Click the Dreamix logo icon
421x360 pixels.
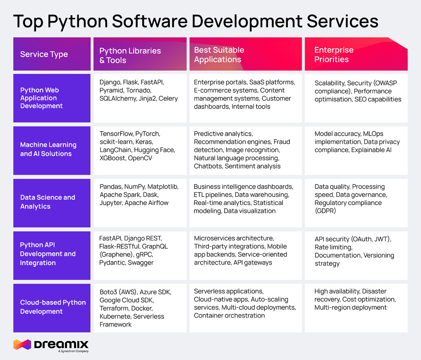(22, 344)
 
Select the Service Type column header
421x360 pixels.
(44, 54)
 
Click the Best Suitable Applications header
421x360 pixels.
(219, 55)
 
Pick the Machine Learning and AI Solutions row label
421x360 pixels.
(48, 149)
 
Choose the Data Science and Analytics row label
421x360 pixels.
(48, 202)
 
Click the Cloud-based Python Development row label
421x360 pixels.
(53, 307)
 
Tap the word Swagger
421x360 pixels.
(141, 263)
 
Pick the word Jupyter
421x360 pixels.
(111, 203)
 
